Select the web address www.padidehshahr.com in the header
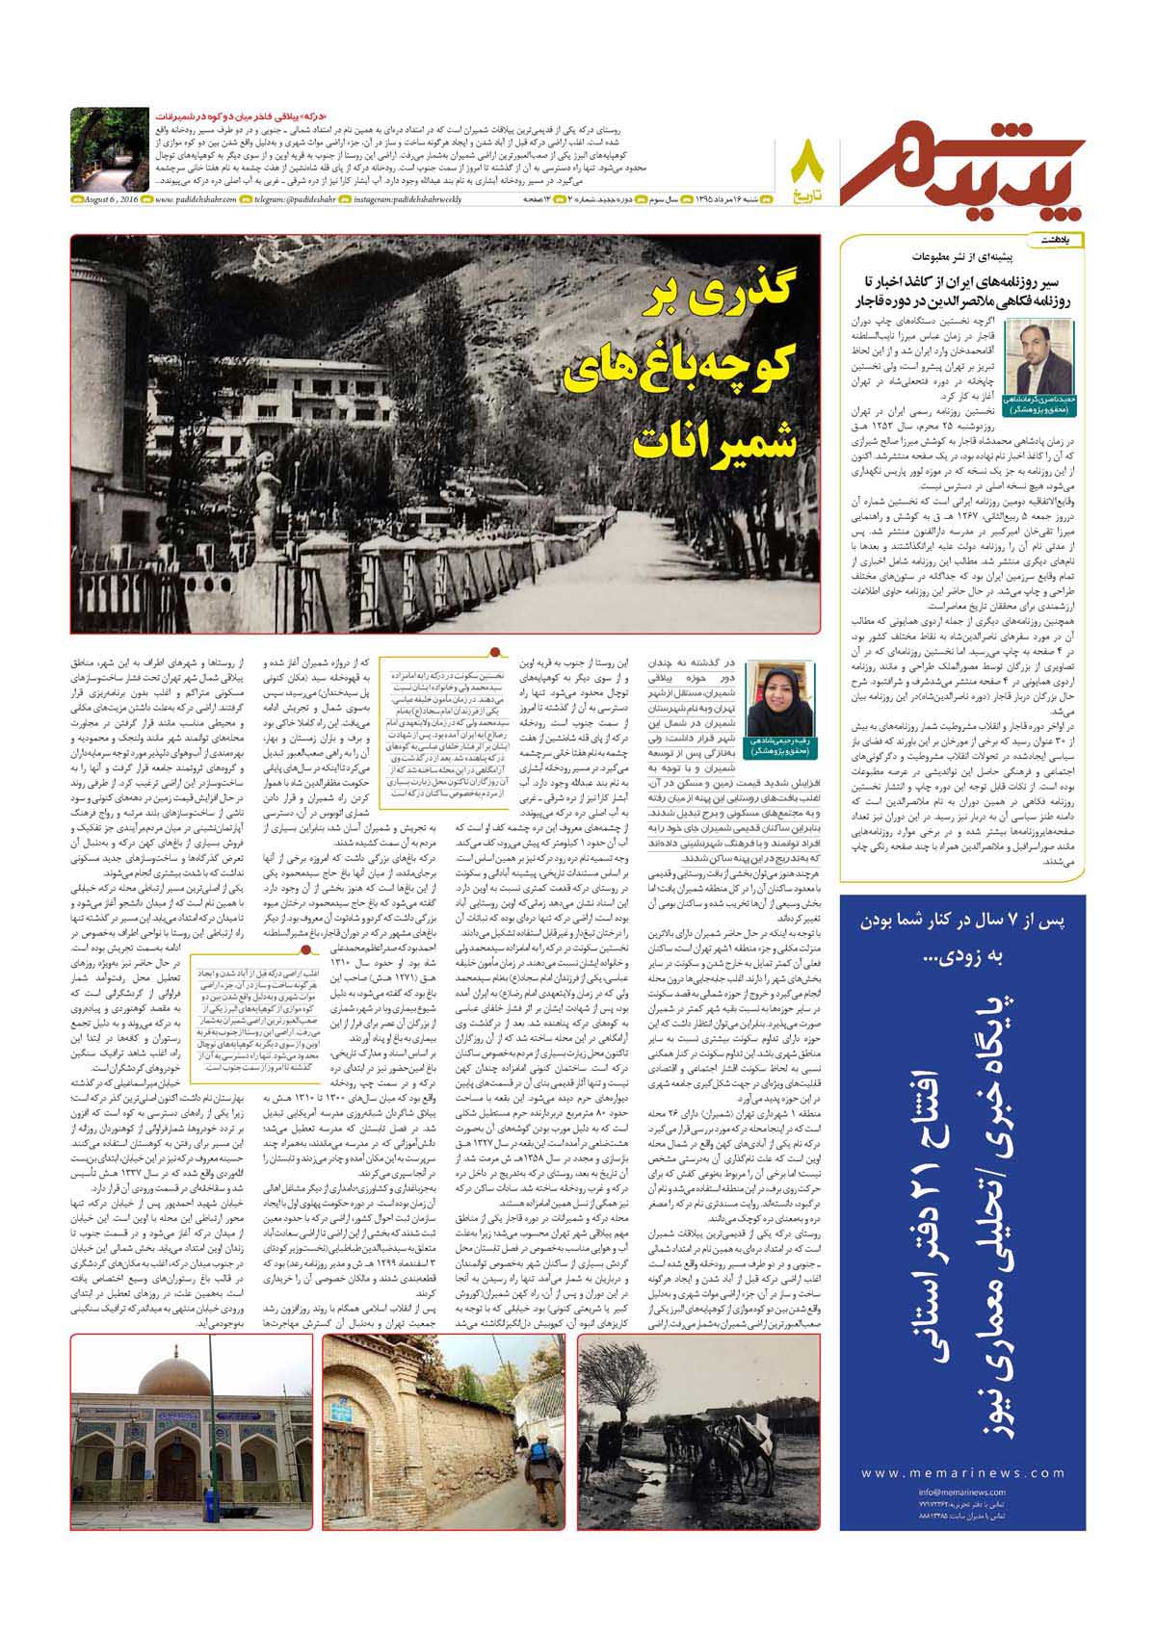(x=195, y=199)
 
